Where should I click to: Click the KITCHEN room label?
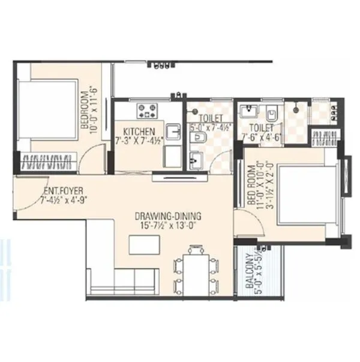pos(139,131)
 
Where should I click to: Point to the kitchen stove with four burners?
pos(148,110)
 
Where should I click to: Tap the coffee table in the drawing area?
pos(143,245)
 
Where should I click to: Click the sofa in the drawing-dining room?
pos(123,279)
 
